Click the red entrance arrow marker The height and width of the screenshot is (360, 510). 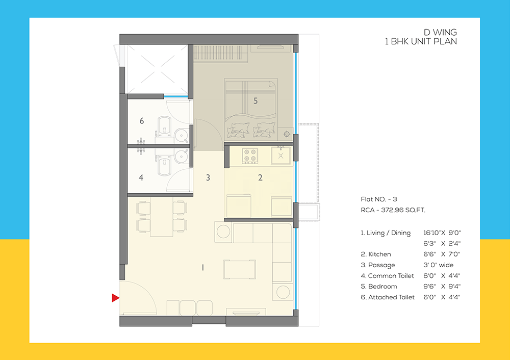116,298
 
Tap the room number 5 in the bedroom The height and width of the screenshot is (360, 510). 256,101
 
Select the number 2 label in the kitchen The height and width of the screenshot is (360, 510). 260,178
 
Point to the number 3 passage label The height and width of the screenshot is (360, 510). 208,178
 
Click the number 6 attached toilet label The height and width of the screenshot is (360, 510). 142,121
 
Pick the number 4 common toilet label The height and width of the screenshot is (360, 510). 142,178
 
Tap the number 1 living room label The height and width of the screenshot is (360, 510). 202,267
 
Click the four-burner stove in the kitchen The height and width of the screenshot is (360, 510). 249,155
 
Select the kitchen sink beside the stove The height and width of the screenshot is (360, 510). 280,155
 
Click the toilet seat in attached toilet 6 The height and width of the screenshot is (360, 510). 163,125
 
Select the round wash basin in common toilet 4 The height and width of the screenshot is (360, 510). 181,155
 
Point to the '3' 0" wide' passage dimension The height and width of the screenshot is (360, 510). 438,265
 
